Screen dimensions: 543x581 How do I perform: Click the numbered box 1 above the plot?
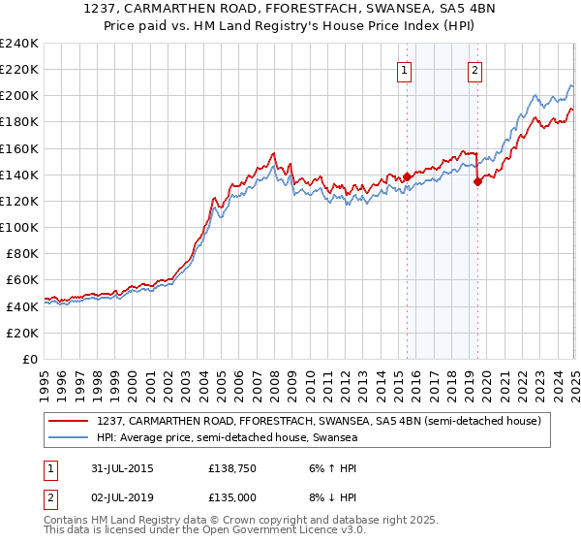(x=404, y=69)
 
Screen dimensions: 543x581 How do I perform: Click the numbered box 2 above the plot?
(x=475, y=69)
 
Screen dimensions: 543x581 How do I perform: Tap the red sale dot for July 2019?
(x=477, y=181)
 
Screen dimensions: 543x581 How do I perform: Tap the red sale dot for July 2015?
(x=407, y=176)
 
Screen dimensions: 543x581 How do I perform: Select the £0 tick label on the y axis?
(x=30, y=359)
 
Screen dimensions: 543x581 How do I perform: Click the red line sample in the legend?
(x=69, y=421)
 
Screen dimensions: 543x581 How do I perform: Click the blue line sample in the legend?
(x=69, y=438)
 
